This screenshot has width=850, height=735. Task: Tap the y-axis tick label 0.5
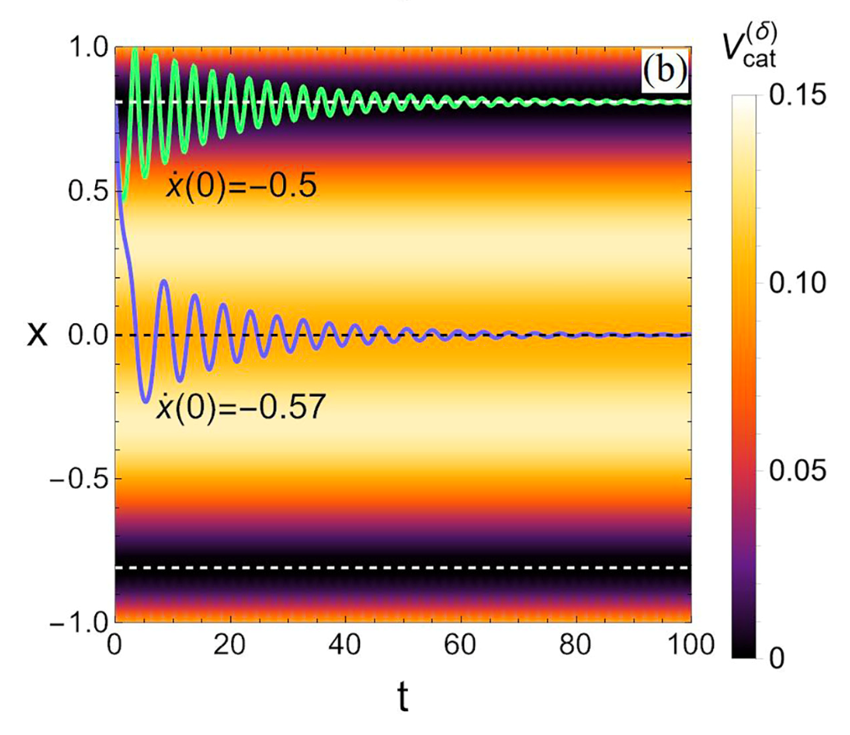[81, 192]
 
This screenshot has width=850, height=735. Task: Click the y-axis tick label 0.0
[81, 336]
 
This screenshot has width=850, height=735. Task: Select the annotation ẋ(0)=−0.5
[241, 190]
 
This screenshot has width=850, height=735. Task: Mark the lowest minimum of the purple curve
[145, 401]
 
